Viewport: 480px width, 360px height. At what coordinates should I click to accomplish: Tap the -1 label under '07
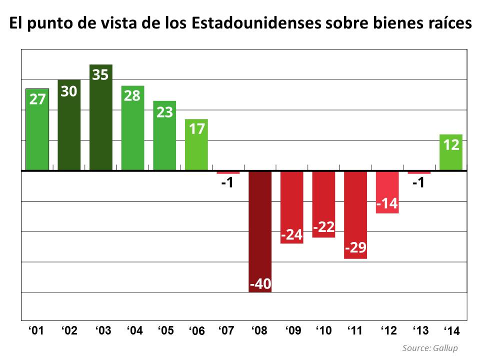pos(227,183)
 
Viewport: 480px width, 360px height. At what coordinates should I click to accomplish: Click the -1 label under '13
pos(419,183)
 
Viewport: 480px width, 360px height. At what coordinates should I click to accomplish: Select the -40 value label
pos(260,284)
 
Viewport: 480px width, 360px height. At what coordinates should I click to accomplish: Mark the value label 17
pos(196,129)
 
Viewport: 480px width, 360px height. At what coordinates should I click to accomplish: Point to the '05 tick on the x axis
pos(165,330)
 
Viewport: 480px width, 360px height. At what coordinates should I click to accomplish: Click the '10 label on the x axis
pos(324,330)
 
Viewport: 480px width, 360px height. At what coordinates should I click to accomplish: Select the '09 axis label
pos(293,330)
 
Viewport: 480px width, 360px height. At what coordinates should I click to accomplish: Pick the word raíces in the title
pos(449,24)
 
